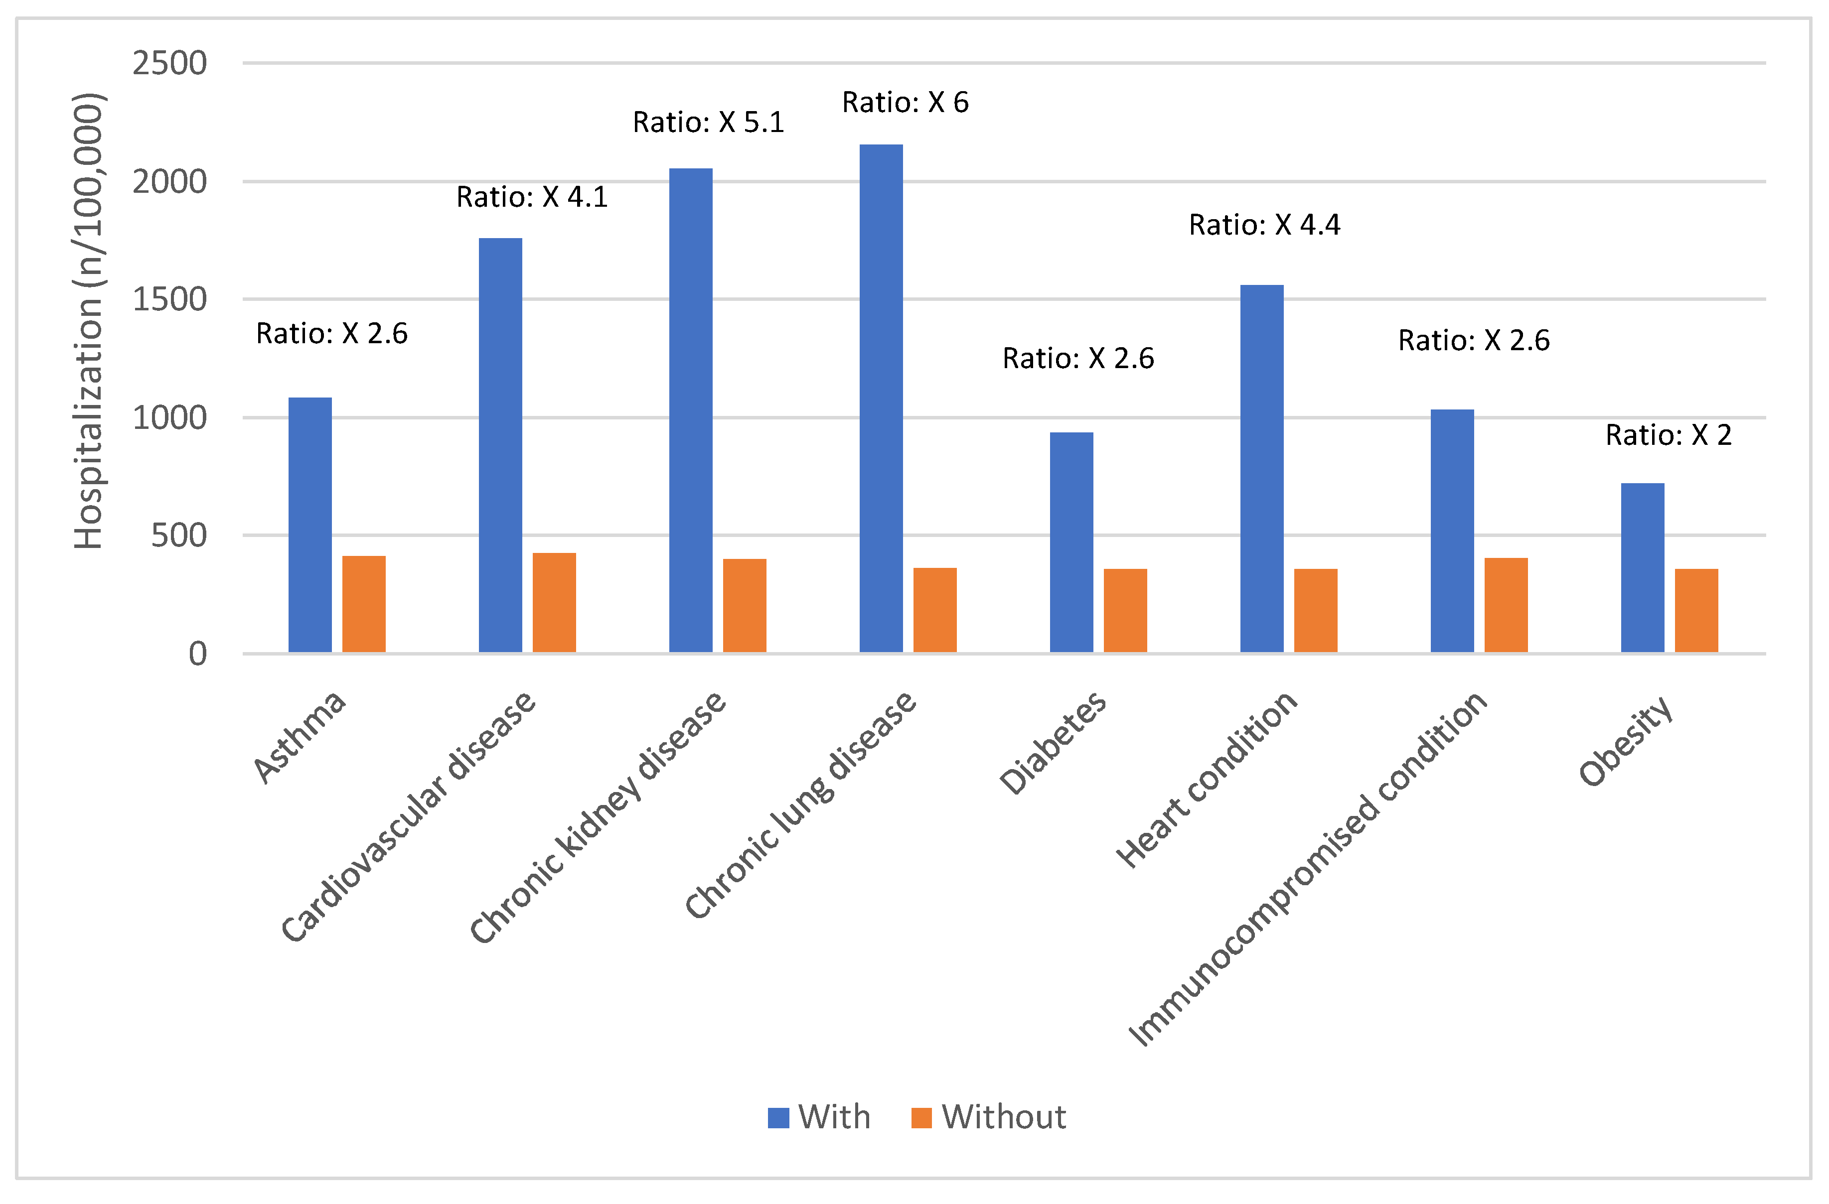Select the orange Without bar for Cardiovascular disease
554,603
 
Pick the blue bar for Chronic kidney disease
690,410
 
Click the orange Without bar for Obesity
1696,611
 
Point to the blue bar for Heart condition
1261,469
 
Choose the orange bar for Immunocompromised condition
1506,605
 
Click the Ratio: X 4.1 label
532,197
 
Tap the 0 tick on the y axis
197,654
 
